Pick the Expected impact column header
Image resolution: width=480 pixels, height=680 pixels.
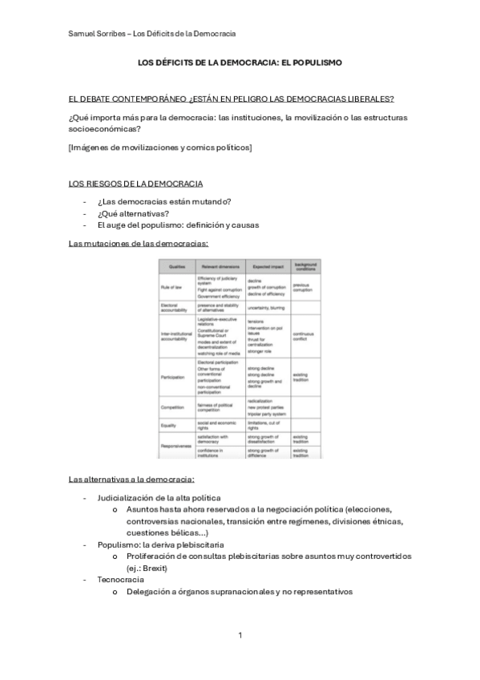264,265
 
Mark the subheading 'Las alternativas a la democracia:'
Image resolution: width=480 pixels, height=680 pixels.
131,480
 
